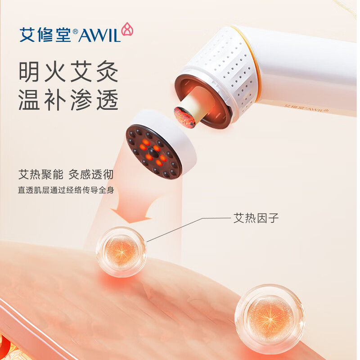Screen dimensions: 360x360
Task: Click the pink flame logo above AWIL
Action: tap(127, 29)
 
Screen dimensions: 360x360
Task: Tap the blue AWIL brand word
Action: tap(99, 36)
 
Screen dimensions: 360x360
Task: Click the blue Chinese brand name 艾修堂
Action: tap(45, 35)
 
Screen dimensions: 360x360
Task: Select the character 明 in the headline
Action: tap(29, 72)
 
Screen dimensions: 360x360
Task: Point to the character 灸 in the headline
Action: tap(107, 72)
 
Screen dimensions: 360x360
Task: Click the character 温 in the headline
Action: tap(29, 99)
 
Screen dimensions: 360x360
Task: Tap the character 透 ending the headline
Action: tap(107, 99)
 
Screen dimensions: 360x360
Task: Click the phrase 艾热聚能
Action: tap(41, 175)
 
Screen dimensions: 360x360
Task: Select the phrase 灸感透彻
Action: tap(91, 175)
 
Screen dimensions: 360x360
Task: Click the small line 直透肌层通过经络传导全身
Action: tap(66, 190)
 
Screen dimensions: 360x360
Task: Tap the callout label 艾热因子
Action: tap(256, 218)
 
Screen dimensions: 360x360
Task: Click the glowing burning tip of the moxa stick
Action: tap(184, 117)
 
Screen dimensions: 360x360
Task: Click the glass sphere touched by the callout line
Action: tap(121, 252)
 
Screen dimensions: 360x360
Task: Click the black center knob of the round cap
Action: tap(152, 152)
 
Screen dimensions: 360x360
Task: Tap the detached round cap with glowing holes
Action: tap(161, 144)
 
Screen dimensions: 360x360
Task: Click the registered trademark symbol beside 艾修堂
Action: tap(75, 31)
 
